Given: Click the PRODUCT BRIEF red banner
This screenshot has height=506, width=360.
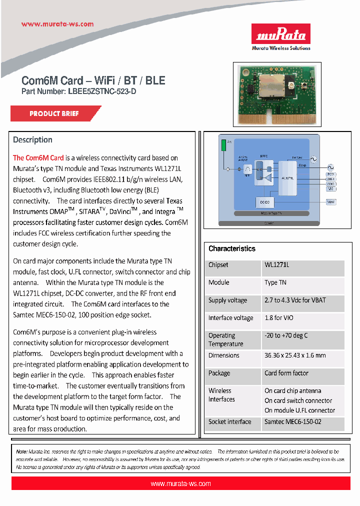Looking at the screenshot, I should coord(54,113).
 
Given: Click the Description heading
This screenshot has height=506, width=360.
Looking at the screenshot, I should coord(32,140).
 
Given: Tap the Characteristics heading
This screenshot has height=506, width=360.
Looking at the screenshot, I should coord(232,248).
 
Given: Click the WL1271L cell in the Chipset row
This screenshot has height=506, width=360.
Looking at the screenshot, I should coord(277,265).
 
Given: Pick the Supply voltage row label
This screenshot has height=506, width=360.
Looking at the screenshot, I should coord(227,300).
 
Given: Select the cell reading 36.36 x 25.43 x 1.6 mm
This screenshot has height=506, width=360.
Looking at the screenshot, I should coord(295,355).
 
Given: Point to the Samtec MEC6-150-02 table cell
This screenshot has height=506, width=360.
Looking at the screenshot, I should coord(292,422).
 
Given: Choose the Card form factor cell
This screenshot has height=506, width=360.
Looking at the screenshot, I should coord(286,373).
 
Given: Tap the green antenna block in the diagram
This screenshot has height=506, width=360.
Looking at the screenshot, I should coord(223,145).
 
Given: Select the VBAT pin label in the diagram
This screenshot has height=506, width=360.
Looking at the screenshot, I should coord(330,201).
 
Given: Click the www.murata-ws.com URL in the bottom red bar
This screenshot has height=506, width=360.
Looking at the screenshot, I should coord(180,483).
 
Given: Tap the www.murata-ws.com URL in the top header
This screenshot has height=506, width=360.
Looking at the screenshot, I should coord(57,24).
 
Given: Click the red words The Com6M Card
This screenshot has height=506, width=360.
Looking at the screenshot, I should coord(38,158).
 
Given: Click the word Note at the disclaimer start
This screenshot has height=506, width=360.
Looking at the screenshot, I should coord(21,451).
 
